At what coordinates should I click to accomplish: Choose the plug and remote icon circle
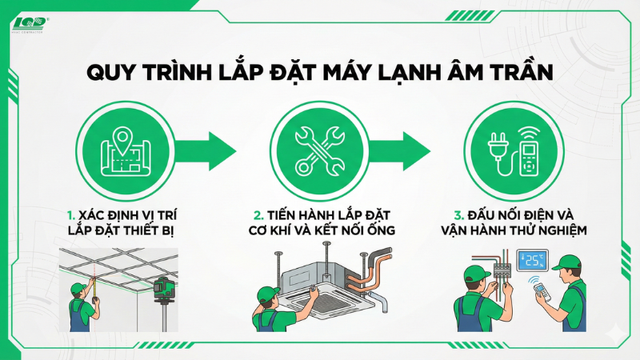point(513,149)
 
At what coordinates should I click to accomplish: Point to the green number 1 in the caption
point(71,215)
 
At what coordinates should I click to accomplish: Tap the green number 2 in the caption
point(258,215)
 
